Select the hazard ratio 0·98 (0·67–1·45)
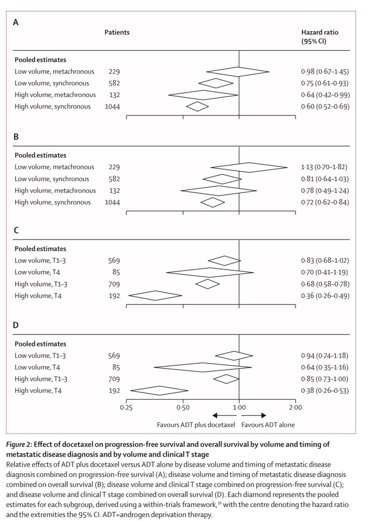click(x=325, y=71)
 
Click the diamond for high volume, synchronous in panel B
click(x=212, y=202)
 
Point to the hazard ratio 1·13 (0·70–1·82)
click(x=325, y=167)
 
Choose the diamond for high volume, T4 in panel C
click(x=155, y=296)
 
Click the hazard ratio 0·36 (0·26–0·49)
click(x=325, y=296)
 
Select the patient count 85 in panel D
click(x=115, y=367)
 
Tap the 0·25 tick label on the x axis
click(x=126, y=407)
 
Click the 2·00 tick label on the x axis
click(x=295, y=407)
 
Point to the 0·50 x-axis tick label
click(x=183, y=407)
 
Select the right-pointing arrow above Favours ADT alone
click(x=257, y=415)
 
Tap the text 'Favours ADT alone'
click(x=268, y=425)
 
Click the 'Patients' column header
click(x=117, y=32)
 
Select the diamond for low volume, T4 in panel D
click(x=203, y=367)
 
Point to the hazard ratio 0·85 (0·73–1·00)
click(x=325, y=379)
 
